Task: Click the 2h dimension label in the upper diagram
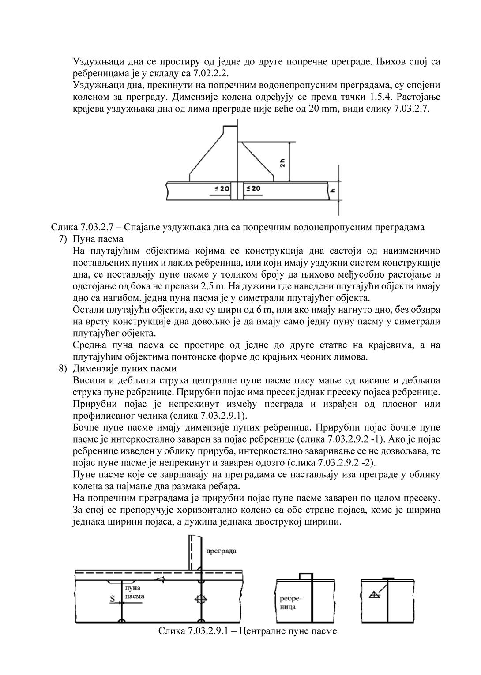click(x=282, y=162)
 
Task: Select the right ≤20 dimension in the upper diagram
click(x=253, y=189)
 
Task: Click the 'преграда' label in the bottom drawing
click(x=221, y=551)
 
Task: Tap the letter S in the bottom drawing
click(x=112, y=599)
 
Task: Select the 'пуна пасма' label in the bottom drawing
click(x=134, y=592)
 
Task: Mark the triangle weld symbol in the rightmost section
click(x=373, y=594)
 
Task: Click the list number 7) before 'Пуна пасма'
click(x=63, y=239)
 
